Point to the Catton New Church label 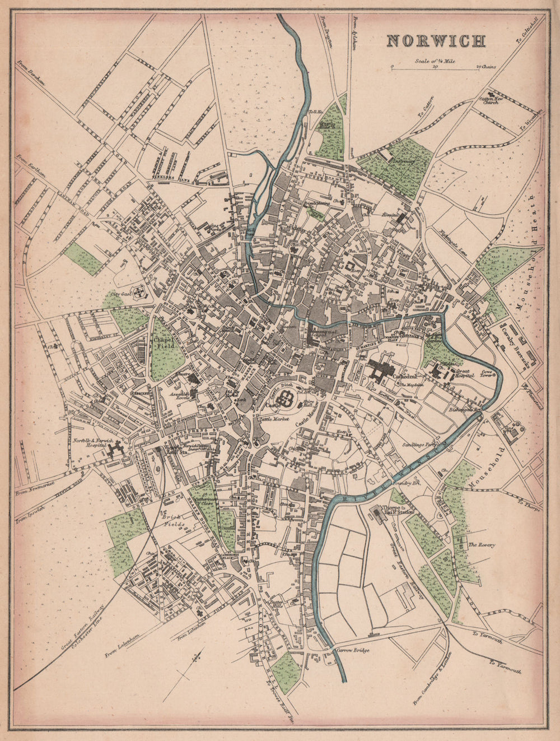tap(491, 100)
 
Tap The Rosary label tap(481, 544)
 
